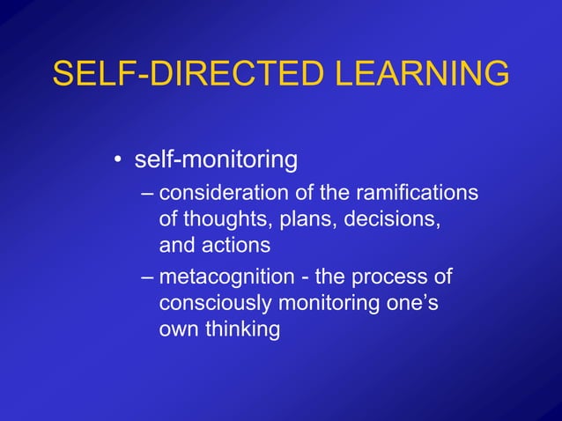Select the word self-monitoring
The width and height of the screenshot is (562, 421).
coord(215,161)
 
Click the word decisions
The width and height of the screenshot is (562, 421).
coord(391,217)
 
